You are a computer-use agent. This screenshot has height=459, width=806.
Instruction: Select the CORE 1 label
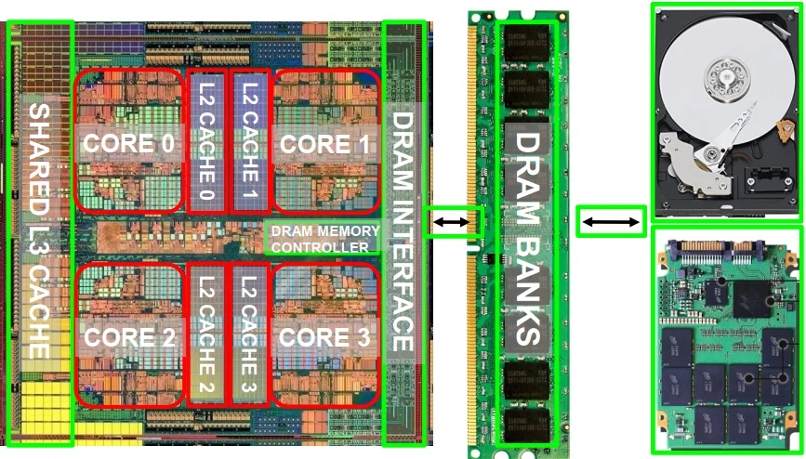click(324, 143)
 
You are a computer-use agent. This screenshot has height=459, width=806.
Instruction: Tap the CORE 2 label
click(128, 336)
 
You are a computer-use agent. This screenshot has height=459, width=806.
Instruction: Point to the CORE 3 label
click(324, 336)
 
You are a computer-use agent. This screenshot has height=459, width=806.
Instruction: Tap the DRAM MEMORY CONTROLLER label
click(324, 239)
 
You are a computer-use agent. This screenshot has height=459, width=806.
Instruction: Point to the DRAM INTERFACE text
click(401, 232)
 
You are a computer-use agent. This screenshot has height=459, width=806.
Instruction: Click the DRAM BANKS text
click(527, 238)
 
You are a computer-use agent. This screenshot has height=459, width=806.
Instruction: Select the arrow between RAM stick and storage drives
click(611, 221)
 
